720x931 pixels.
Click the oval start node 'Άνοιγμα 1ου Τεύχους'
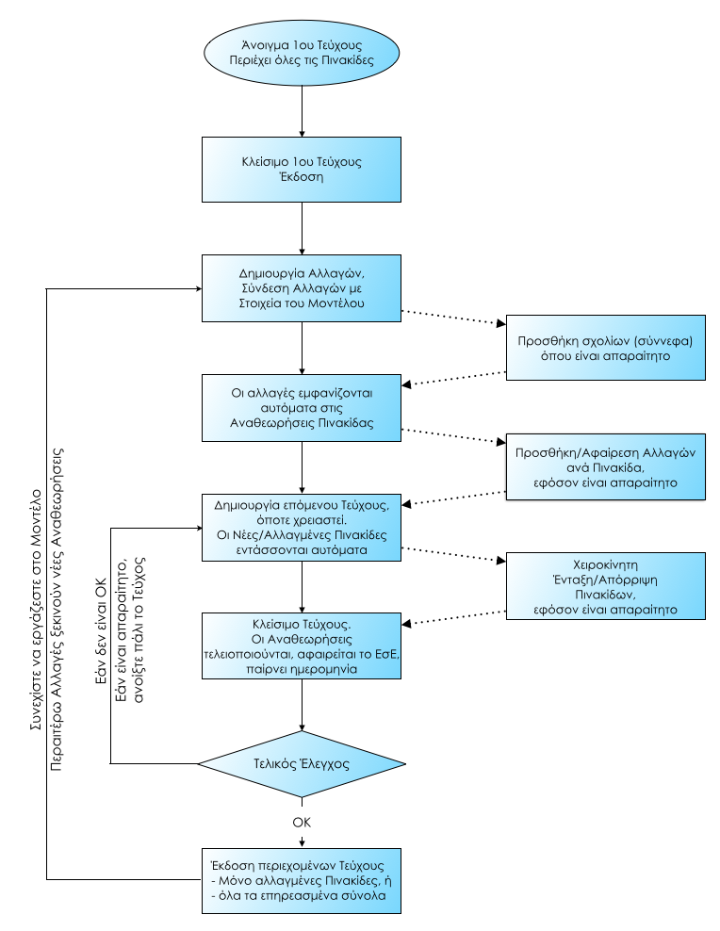(x=301, y=53)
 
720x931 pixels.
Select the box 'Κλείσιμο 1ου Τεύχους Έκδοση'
(x=301, y=170)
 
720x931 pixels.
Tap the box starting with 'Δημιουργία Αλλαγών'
(x=301, y=286)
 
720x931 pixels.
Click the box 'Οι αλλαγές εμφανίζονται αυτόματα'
(x=301, y=409)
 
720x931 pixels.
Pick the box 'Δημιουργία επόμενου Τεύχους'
(x=301, y=524)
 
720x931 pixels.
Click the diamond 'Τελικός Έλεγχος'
(x=301, y=762)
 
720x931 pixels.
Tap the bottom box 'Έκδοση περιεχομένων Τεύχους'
(x=301, y=881)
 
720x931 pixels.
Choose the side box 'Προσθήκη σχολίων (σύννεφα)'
(x=604, y=348)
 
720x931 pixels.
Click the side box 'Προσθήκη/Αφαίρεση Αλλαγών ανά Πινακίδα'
(x=604, y=466)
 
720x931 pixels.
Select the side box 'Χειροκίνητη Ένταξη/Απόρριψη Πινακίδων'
(x=604, y=585)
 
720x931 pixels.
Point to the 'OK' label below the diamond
(x=301, y=822)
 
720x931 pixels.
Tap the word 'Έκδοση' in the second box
(x=301, y=178)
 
